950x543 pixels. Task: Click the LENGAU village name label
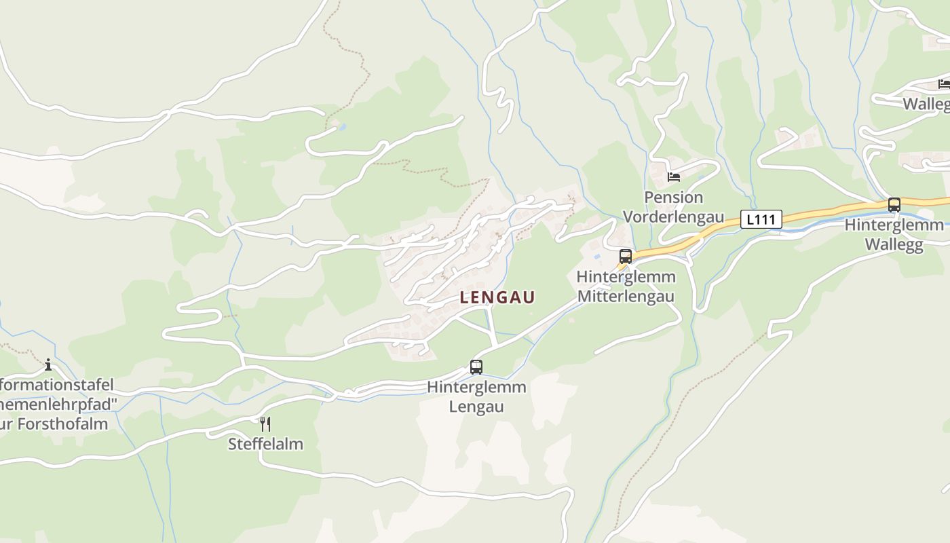(497, 297)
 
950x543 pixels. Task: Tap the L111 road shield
(761, 219)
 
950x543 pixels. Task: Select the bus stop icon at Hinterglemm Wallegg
(894, 204)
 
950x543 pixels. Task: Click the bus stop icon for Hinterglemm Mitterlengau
(626, 257)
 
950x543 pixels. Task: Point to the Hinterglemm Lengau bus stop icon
(476, 367)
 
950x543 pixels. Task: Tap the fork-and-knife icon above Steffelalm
(265, 424)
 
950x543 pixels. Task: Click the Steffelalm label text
(265, 444)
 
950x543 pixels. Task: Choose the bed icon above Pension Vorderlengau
(674, 177)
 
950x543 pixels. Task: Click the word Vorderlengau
(673, 217)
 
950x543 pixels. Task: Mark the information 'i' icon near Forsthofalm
(48, 364)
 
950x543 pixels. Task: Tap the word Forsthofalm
(68, 424)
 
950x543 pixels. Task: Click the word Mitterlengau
(626, 297)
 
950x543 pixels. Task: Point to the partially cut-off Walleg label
(926, 104)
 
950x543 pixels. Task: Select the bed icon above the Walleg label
(944, 84)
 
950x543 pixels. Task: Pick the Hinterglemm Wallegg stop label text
(894, 235)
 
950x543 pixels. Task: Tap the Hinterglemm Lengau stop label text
(476, 397)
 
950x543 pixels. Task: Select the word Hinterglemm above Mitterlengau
(626, 277)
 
